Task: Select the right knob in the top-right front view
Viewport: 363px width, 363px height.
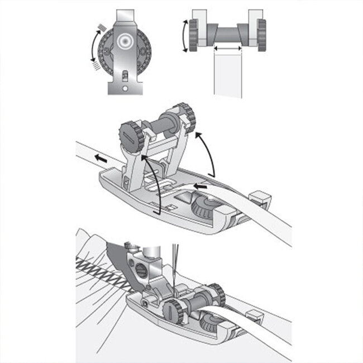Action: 261,35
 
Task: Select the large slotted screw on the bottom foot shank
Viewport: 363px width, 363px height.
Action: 142,274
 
